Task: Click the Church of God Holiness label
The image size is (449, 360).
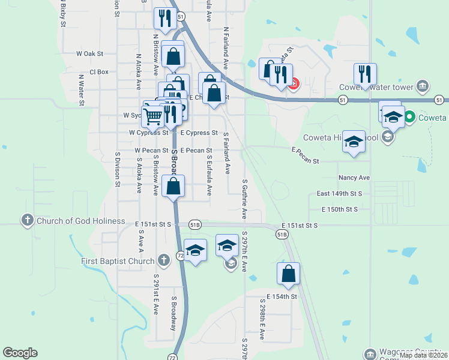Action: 81,221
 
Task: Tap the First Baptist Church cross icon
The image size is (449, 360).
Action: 163,260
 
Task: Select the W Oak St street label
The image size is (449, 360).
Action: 90,54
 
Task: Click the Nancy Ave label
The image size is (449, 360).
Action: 354,178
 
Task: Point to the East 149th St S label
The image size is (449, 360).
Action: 340,194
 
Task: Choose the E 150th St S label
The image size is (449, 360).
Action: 340,209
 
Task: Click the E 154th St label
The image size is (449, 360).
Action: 282,296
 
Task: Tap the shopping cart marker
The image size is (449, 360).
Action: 152,115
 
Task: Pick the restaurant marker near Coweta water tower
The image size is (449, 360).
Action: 365,73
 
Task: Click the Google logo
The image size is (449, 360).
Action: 20,353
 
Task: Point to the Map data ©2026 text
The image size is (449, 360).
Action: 423,355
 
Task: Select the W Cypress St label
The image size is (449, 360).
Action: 148,133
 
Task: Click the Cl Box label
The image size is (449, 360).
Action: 99,72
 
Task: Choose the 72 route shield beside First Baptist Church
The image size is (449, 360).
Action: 180,256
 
